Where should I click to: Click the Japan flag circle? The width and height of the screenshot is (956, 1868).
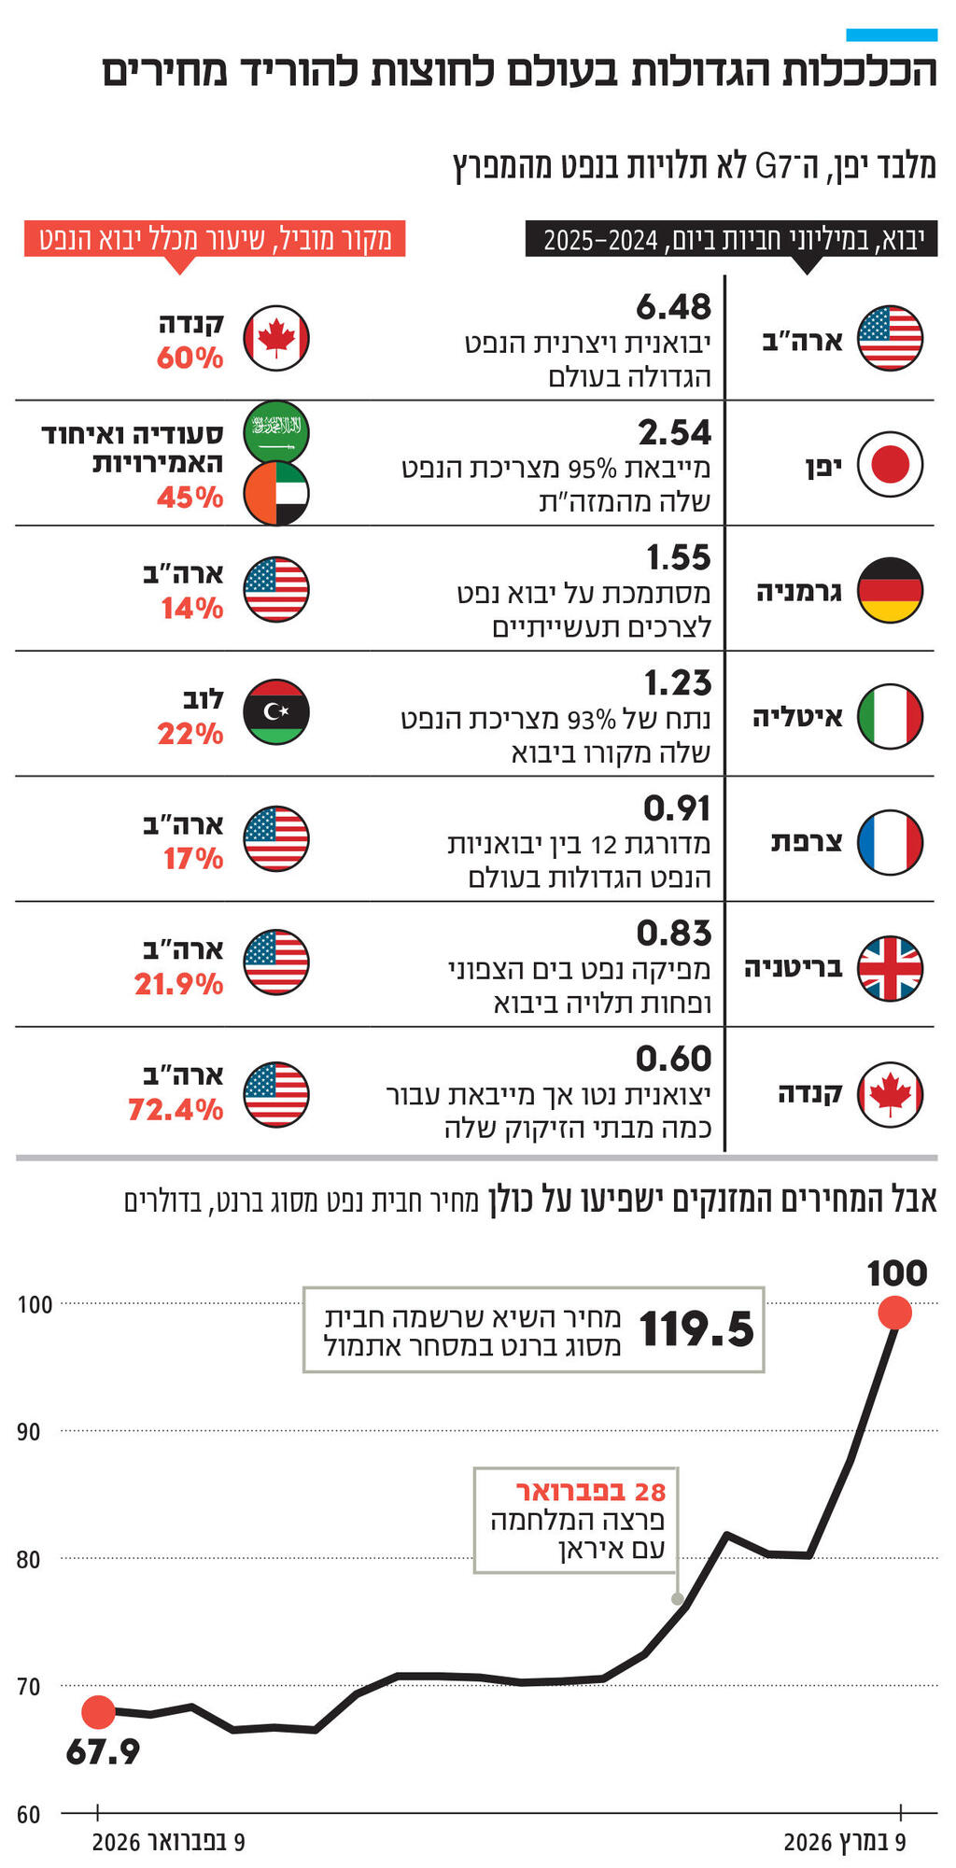[890, 464]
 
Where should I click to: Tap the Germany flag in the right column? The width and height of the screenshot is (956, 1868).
[890, 590]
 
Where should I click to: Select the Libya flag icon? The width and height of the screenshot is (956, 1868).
[276, 713]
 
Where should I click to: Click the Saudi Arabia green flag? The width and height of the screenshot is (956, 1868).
[276, 431]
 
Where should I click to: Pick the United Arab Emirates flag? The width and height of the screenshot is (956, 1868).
[276, 493]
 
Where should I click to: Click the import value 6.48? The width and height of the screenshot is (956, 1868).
[673, 307]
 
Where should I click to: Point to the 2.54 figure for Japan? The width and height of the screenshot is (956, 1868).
[674, 433]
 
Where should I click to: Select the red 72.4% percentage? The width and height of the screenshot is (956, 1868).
[176, 1110]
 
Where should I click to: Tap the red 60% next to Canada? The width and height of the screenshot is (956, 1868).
[190, 358]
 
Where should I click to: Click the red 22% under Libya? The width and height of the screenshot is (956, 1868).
[190, 735]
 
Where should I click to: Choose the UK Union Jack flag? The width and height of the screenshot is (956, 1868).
[890, 968]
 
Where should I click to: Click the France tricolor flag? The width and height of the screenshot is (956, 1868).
[890, 842]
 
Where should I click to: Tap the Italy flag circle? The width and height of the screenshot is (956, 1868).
[890, 716]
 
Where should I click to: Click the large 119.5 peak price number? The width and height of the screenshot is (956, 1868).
[696, 1329]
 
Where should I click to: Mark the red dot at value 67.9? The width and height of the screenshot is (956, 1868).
[98, 1711]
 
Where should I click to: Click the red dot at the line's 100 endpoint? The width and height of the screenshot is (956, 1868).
[894, 1313]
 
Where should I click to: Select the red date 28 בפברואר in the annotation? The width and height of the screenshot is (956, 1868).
[591, 1492]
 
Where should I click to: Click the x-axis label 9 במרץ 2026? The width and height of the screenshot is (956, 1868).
[844, 1842]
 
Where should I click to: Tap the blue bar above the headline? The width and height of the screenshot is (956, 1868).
[891, 35]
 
